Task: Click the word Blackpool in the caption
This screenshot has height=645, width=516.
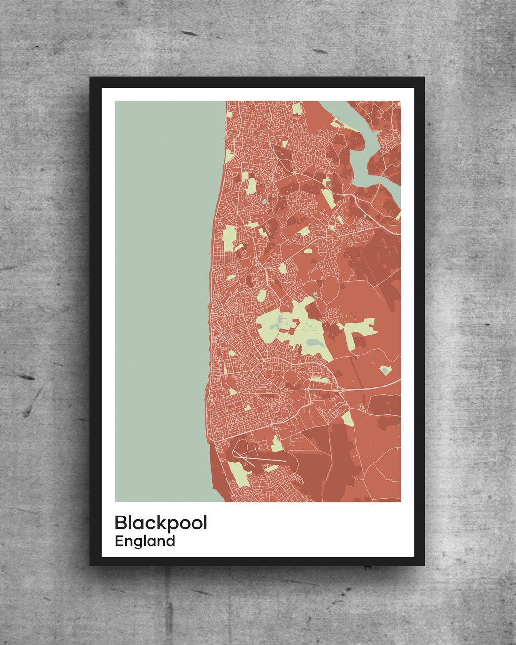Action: (161, 523)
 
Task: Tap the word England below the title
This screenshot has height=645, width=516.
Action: (145, 541)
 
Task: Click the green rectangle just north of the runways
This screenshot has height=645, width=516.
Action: (276, 444)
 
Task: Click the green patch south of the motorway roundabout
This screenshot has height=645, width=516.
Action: (347, 418)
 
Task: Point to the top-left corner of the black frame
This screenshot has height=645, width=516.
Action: (90, 78)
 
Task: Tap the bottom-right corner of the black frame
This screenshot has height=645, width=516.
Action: (424, 565)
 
